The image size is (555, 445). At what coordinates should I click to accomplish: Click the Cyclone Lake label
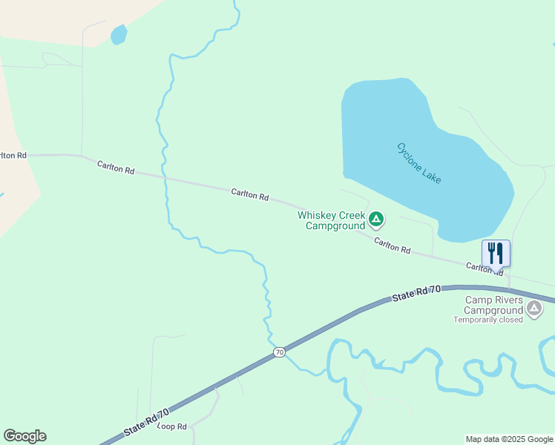(419, 164)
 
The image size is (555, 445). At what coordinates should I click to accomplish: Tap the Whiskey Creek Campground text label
(332, 220)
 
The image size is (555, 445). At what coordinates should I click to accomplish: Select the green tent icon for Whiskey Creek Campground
(376, 219)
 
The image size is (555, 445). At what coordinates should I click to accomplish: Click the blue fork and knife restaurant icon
(496, 254)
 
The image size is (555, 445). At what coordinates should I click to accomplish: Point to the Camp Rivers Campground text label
(494, 305)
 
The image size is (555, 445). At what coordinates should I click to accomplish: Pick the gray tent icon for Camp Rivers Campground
(533, 307)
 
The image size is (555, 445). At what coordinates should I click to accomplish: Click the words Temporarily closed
(488, 320)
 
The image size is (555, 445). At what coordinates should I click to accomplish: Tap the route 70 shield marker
(279, 352)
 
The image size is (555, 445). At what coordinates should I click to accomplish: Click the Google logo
(24, 436)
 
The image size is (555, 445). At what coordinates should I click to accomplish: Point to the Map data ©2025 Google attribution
(509, 439)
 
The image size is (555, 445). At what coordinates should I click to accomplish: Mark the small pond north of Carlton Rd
(118, 34)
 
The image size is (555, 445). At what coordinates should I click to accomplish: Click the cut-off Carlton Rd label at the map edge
(13, 155)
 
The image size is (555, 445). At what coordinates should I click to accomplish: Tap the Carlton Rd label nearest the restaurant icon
(485, 268)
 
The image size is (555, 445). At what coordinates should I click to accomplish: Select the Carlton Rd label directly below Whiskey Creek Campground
(392, 245)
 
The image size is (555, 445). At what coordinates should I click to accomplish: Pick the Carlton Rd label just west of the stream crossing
(115, 167)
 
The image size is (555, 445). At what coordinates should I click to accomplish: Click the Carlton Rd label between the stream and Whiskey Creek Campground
(249, 194)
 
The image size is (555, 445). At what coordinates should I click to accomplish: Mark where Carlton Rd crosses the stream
(165, 178)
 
